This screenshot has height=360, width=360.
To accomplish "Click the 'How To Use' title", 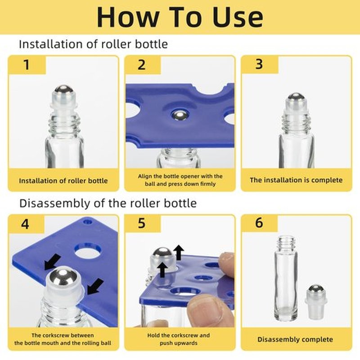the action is pyautogui.click(x=180, y=17).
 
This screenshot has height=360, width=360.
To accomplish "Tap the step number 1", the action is pyautogui.click(x=27, y=64).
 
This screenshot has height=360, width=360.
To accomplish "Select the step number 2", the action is pyautogui.click(x=142, y=65).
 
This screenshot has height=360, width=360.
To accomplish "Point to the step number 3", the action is pyautogui.click(x=259, y=64).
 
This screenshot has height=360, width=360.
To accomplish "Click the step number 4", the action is pyautogui.click(x=25, y=224).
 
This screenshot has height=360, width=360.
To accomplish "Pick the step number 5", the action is pyautogui.click(x=142, y=223).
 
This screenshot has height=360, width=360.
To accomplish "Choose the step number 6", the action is pyautogui.click(x=259, y=223).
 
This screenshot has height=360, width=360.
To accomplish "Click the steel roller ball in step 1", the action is pyautogui.click(x=64, y=90).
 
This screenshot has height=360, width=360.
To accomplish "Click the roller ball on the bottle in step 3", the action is pyautogui.click(x=296, y=97).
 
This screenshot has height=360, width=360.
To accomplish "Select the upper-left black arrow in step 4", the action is pyautogui.click(x=52, y=261).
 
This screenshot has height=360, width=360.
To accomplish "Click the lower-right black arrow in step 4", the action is pyautogui.click(x=95, y=286).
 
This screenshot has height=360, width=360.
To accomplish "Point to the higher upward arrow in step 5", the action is pyautogui.click(x=179, y=252).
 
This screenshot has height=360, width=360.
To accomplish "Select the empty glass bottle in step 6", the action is pyautogui.click(x=286, y=278).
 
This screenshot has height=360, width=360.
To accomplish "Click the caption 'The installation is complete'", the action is pyautogui.click(x=296, y=180).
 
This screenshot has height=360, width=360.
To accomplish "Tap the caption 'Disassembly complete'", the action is pyautogui.click(x=295, y=339).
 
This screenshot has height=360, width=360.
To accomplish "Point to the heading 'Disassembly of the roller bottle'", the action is pyautogui.click(x=108, y=203).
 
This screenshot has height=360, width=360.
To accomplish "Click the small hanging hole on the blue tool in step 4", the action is pyautogui.click(x=87, y=222).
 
